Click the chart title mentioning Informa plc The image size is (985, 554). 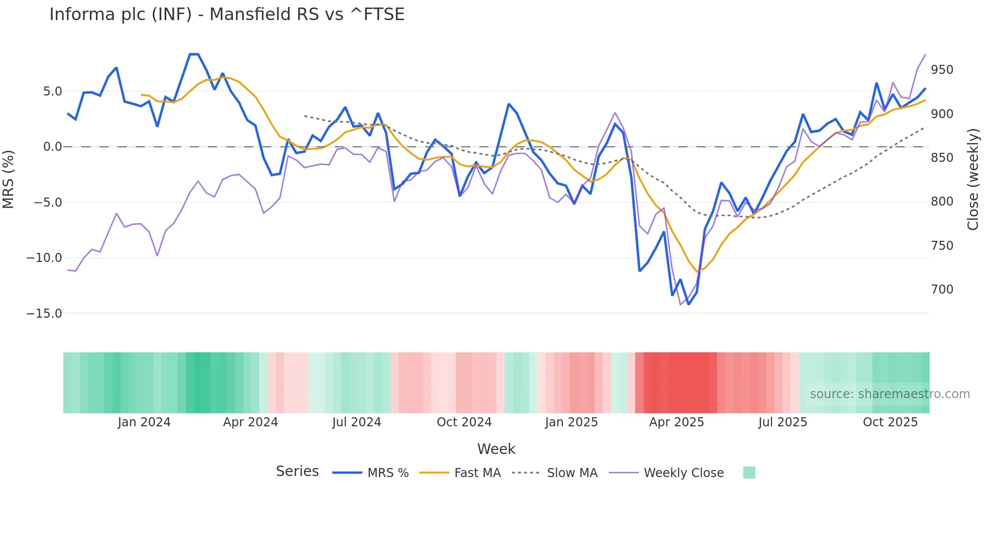click(x=227, y=15)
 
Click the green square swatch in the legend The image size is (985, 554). click(x=749, y=473)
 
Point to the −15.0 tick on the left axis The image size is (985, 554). click(x=44, y=314)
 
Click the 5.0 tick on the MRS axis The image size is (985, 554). click(x=52, y=91)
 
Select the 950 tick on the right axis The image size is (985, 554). click(x=942, y=70)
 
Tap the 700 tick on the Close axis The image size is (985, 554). click(x=942, y=290)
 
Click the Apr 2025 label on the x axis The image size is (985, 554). click(x=676, y=422)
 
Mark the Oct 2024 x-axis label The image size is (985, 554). click(x=464, y=422)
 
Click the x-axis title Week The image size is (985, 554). click(x=496, y=449)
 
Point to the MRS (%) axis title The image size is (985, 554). click(x=9, y=179)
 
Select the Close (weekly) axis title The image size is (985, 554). click(x=973, y=179)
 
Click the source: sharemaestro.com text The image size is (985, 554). click(x=890, y=394)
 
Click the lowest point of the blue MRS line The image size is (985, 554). click(x=688, y=304)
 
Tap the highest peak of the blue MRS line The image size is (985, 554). click(x=194, y=54)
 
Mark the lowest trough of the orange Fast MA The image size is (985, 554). click(x=697, y=272)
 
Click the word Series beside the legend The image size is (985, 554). click(x=297, y=472)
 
